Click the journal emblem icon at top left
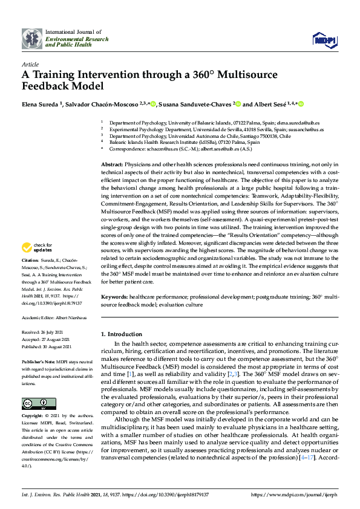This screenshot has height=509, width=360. click(x=31, y=39)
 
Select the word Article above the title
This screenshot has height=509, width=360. click(x=30, y=63)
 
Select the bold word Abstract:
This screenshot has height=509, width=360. click(x=112, y=164)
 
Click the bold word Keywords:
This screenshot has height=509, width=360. click(x=114, y=297)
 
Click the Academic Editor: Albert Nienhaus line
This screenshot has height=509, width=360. click(x=53, y=317)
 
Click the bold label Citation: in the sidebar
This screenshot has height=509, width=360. click(x=31, y=276)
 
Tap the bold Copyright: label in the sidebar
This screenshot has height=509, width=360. click(x=33, y=416)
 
